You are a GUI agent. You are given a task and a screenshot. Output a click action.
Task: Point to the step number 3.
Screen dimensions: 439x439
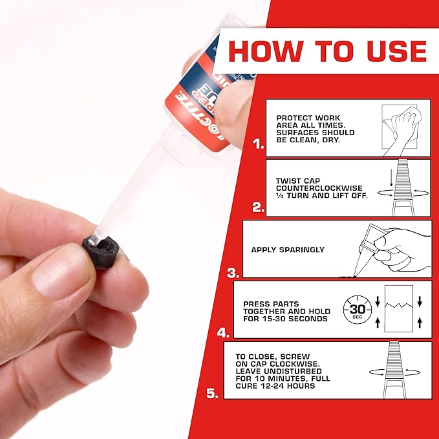(233, 272)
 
